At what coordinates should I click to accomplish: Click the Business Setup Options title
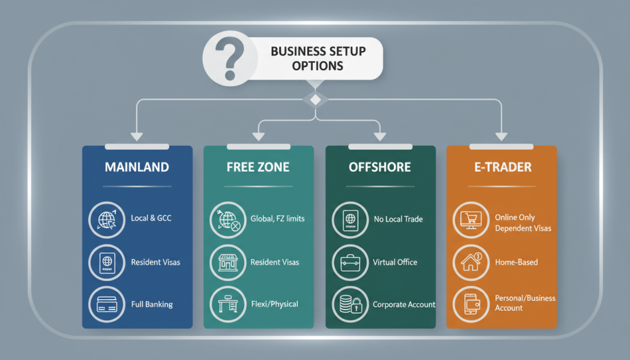click(x=318, y=58)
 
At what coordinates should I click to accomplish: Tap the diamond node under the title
click(x=315, y=99)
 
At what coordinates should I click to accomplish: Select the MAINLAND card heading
click(x=137, y=167)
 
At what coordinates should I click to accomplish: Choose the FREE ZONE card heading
click(x=258, y=167)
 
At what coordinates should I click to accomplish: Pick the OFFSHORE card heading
click(x=380, y=167)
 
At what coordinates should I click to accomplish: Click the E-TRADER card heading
click(x=501, y=167)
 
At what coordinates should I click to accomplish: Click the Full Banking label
click(x=152, y=304)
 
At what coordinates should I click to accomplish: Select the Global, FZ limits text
click(x=277, y=219)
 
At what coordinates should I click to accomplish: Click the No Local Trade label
click(x=398, y=219)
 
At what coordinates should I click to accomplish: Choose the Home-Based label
click(x=516, y=262)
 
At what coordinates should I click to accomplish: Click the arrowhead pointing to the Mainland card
click(x=137, y=136)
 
